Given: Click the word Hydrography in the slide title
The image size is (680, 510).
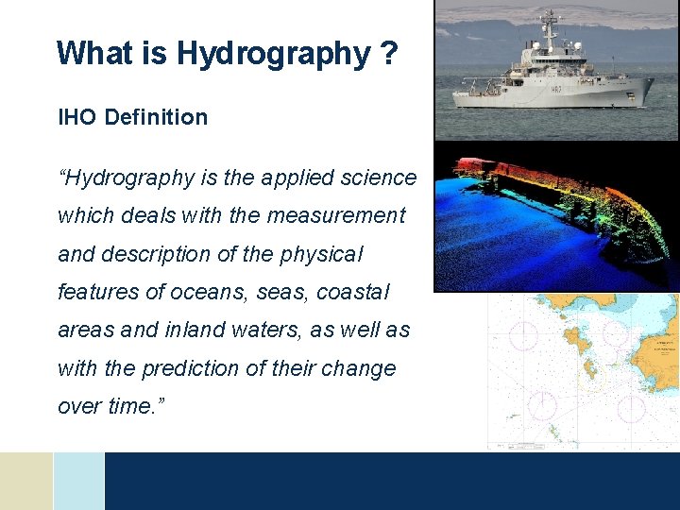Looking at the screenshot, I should [x=273, y=54].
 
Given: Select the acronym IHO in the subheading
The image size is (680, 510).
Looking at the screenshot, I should [x=77, y=118].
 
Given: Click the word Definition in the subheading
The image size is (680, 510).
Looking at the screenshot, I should [x=156, y=118].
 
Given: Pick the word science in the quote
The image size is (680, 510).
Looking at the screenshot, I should [x=382, y=178].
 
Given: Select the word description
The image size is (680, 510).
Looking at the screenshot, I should [x=158, y=255].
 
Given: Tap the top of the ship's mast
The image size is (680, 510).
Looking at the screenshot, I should [x=548, y=11].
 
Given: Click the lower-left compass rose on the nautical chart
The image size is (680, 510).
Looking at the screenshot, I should [x=542, y=403].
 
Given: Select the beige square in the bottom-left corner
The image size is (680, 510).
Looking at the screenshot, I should [x=25, y=481].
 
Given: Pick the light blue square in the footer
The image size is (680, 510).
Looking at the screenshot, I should [x=78, y=481].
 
